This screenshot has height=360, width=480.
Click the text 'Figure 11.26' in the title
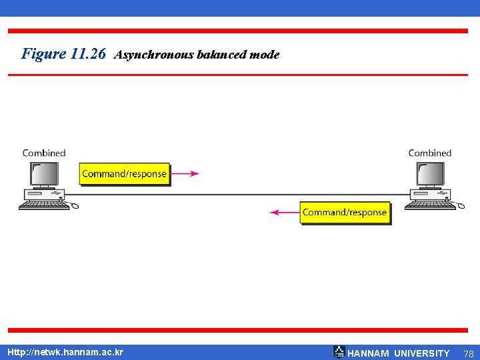point(63,54)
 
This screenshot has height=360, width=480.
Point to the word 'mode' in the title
point(264,55)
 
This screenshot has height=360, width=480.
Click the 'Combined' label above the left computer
point(44,153)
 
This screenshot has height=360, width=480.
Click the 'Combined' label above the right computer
point(430,153)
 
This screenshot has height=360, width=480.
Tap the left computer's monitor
point(44,174)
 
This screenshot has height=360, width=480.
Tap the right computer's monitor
point(431,174)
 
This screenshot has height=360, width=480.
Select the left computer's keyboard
point(44,205)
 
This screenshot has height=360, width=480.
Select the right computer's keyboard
point(430,205)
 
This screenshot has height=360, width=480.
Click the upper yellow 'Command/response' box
point(124,174)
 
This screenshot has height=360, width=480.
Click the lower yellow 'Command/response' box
point(345,213)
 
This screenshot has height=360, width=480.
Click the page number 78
point(468,353)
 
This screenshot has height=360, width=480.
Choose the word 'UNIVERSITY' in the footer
point(422,353)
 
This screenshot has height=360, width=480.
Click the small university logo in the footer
point(339,351)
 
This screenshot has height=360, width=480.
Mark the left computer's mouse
point(74,205)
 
